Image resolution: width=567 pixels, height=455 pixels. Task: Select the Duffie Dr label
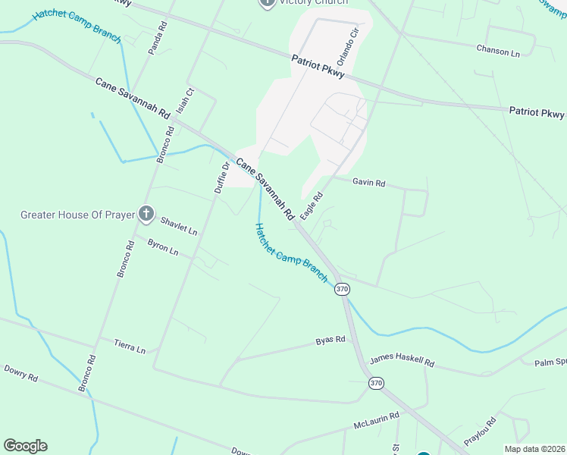pos(221,177)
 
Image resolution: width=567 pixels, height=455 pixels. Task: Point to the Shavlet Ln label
pos(179,225)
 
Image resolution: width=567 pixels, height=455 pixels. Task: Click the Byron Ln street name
pos(163,246)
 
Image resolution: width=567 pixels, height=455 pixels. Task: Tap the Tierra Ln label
pos(130,347)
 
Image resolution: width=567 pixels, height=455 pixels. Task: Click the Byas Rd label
pos(330,340)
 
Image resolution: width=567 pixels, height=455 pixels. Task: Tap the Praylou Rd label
pos(481,431)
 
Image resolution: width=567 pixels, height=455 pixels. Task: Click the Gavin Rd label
pos(369,183)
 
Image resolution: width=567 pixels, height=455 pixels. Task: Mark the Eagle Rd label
pos(312,206)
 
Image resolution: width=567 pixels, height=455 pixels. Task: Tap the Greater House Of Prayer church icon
pos(146,215)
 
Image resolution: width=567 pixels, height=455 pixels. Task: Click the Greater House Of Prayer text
pos(76,215)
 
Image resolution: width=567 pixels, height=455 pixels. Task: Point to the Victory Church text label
pos(313,2)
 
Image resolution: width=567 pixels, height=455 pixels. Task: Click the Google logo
pos(25,446)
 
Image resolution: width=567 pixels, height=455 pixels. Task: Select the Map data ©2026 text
pos(534,449)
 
